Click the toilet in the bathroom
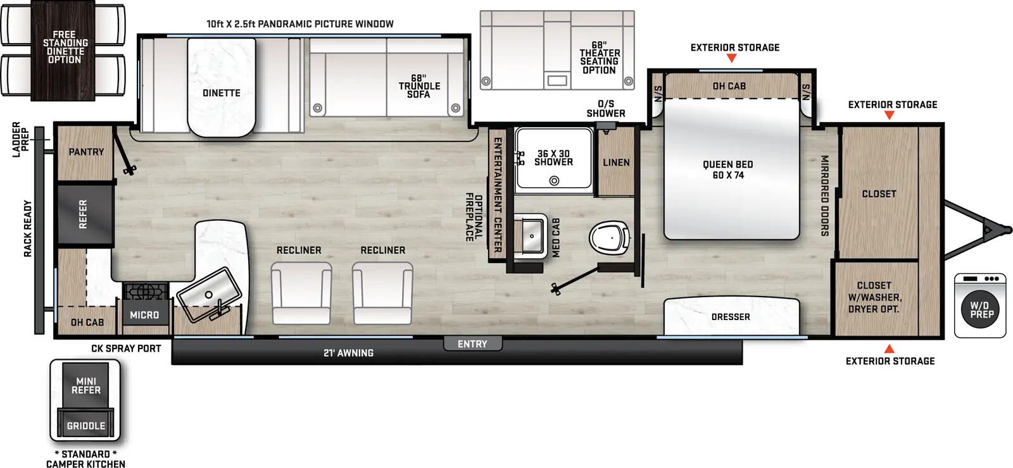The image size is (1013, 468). click(x=609, y=239)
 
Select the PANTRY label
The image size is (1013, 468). click(x=86, y=152)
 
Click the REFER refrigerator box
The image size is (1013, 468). click(x=84, y=214)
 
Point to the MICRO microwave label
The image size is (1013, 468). click(x=144, y=315)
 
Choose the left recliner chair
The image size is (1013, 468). click(x=301, y=293)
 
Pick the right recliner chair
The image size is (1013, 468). click(x=382, y=293)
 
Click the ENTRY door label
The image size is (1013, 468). click(x=472, y=344)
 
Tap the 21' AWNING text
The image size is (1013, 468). click(x=348, y=354)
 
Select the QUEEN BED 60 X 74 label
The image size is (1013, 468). click(x=727, y=170)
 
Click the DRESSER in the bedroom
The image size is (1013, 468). click(x=731, y=317)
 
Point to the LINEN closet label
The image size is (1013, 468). click(x=616, y=163)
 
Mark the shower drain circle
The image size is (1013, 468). click(x=554, y=181)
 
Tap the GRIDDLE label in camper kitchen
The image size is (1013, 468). click(x=86, y=426)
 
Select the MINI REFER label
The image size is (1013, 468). click(x=86, y=386)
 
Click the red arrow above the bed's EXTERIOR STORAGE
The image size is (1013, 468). click(x=731, y=58)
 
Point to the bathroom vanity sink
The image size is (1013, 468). click(x=531, y=235)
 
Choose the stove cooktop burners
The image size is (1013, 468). click(x=146, y=292)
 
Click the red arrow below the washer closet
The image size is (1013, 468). click(x=889, y=349)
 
